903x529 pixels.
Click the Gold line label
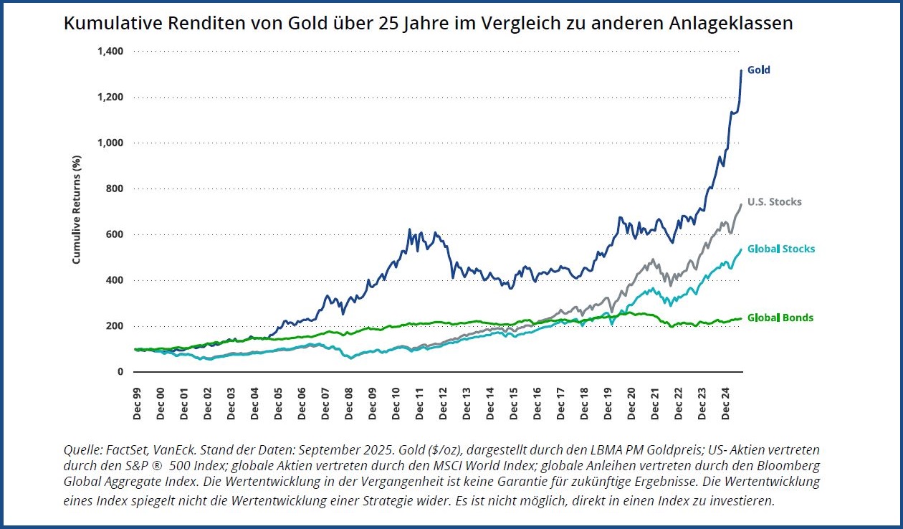(758, 70)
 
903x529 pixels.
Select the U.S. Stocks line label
(774, 202)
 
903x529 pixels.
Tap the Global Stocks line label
(780, 249)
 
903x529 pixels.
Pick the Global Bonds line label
(780, 318)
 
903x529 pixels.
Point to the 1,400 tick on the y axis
(110, 52)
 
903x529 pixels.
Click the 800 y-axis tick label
(115, 189)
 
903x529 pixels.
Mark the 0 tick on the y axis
(120, 372)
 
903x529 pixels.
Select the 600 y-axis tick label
(115, 234)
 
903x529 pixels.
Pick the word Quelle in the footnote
(81, 450)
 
